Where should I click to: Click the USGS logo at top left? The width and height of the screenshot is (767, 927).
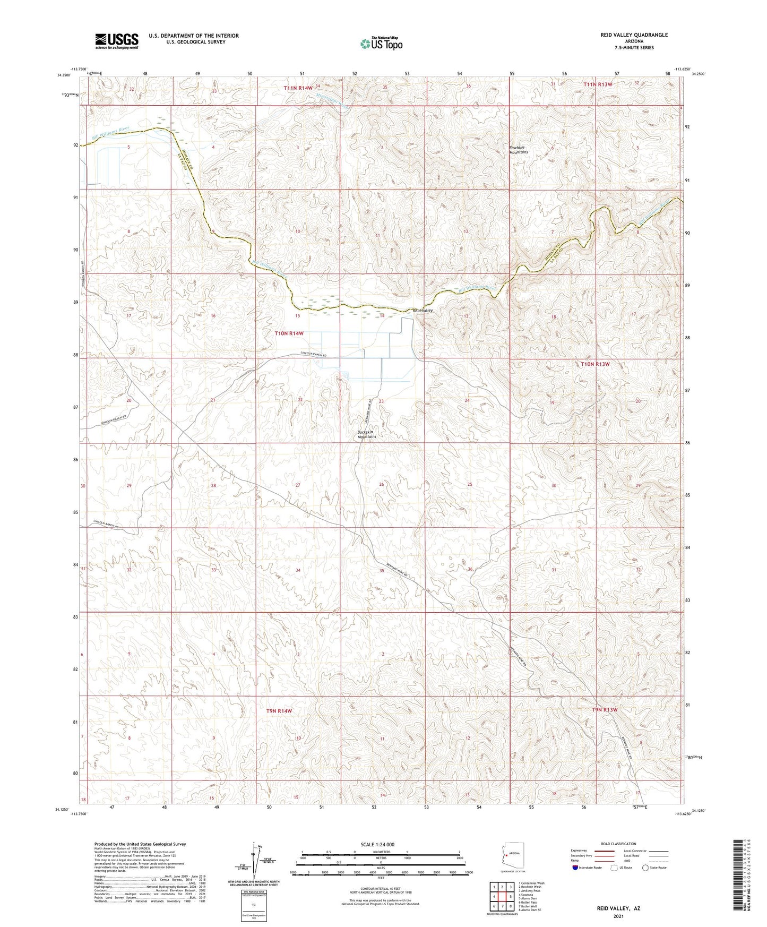point(117,40)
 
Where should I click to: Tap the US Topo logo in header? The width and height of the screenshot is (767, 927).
point(381,44)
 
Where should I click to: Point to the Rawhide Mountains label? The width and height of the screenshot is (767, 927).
point(519,150)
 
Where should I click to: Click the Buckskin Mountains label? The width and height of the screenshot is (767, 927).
point(366,434)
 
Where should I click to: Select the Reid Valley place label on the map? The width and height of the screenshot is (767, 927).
point(423,310)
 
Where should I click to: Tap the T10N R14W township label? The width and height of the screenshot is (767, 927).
point(289,333)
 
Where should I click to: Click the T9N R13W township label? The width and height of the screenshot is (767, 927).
point(605,710)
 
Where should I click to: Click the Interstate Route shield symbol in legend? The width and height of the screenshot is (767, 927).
point(576,868)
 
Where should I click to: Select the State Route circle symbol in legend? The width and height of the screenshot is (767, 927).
point(645,868)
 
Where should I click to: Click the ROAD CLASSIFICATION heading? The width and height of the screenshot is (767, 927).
point(618,844)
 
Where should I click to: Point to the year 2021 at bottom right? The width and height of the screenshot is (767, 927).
point(619,916)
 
